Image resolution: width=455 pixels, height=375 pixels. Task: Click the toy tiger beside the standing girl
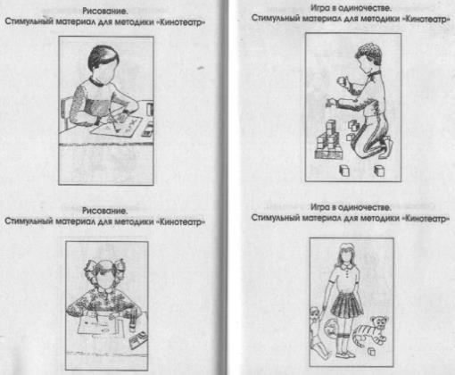coord(370,330)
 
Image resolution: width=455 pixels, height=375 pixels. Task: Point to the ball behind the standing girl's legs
coord(331,329)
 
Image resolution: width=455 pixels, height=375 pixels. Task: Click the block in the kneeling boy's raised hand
coord(343,80)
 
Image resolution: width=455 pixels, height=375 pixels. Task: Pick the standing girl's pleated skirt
coord(346,305)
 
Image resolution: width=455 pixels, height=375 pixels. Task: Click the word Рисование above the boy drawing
coord(105,12)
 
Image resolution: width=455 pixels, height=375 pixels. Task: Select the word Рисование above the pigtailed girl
coord(104,211)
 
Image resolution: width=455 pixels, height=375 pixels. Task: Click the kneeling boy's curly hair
coord(369,53)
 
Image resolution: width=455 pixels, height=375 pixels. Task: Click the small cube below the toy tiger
coord(371,352)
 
